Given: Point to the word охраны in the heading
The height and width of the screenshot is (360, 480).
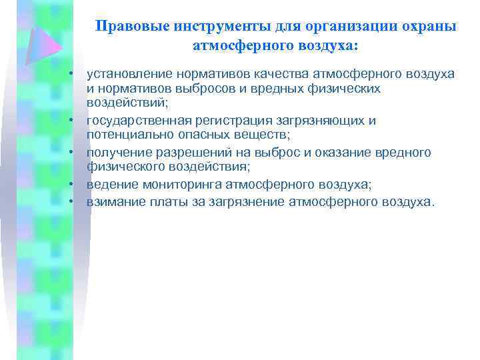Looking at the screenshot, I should coord(428,27).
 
